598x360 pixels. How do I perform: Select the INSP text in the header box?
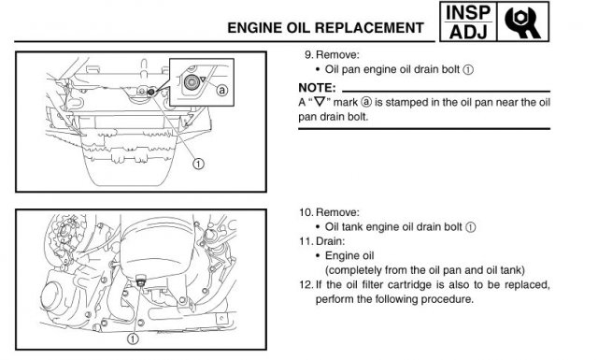[468, 12]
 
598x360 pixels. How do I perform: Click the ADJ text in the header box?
[468, 31]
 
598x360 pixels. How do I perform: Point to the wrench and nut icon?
[522, 22]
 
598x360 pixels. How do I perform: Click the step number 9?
[308, 55]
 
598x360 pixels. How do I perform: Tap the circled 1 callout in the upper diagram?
[198, 165]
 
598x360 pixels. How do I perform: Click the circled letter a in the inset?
[222, 90]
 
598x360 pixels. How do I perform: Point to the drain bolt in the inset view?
[191, 82]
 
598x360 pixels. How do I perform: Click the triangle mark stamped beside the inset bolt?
[203, 79]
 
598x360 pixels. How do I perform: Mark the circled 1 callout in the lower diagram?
[133, 338]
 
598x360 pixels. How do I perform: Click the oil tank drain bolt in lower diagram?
[141, 281]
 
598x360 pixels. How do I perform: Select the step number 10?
[306, 212]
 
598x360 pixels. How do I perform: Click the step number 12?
[306, 285]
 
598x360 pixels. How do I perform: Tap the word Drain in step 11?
[330, 241]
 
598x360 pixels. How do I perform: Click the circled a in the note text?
[365, 102]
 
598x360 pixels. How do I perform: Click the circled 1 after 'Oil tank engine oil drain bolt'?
[471, 227]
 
